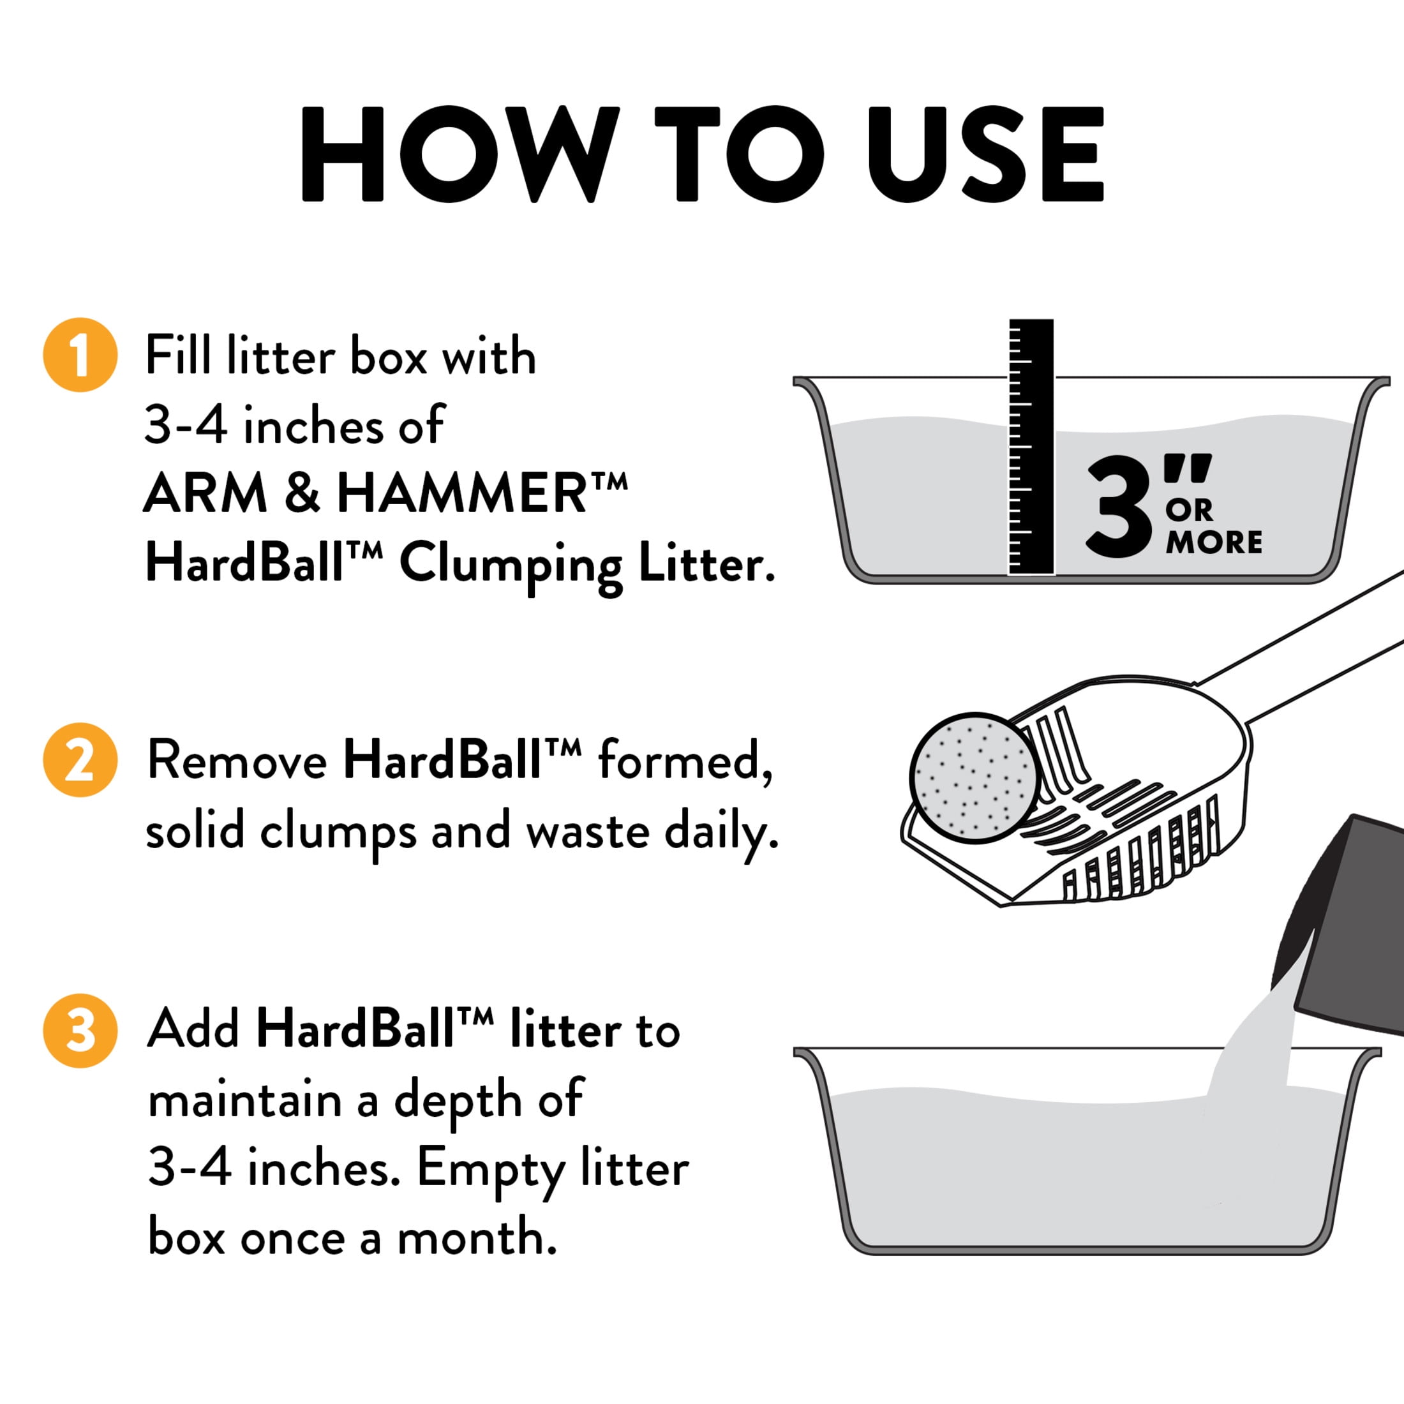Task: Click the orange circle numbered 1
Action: point(80,355)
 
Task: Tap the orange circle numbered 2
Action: point(80,759)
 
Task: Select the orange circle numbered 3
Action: point(80,1031)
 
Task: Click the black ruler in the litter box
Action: point(1031,447)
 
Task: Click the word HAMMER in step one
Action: point(461,494)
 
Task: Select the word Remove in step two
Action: point(237,761)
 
